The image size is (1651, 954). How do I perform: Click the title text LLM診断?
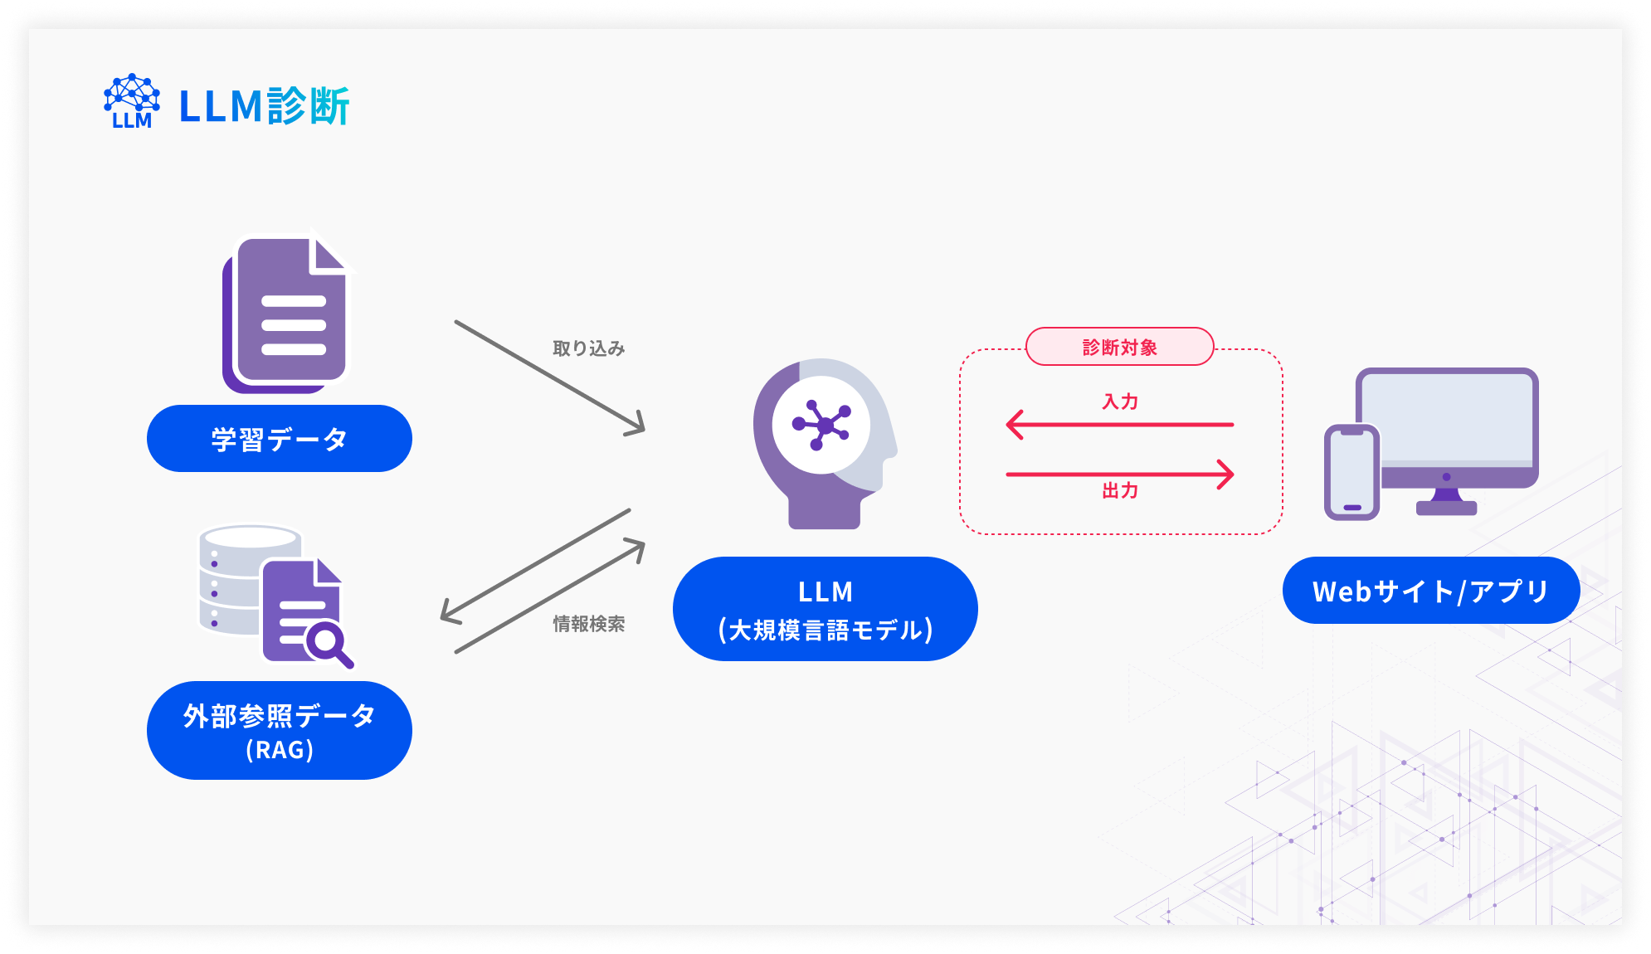264,107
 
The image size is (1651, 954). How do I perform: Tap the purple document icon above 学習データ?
286,315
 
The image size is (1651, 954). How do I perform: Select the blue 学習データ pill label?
279,439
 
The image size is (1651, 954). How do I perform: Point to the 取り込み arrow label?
588,348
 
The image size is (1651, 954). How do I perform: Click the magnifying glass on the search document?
328,643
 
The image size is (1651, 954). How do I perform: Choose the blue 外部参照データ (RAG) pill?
279,731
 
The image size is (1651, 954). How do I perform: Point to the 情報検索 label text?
588,624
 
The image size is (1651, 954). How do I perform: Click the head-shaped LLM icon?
821,444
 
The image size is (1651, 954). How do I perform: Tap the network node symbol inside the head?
821,425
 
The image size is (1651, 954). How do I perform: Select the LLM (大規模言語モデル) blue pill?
825,610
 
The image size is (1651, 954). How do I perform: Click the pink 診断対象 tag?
1119,347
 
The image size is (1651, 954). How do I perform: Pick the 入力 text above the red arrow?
1119,402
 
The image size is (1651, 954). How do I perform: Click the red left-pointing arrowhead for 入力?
1014,425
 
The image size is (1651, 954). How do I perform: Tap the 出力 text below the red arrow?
1119,491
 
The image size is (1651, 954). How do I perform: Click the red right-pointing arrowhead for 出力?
1226,475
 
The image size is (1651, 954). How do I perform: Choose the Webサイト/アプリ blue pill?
1430,591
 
